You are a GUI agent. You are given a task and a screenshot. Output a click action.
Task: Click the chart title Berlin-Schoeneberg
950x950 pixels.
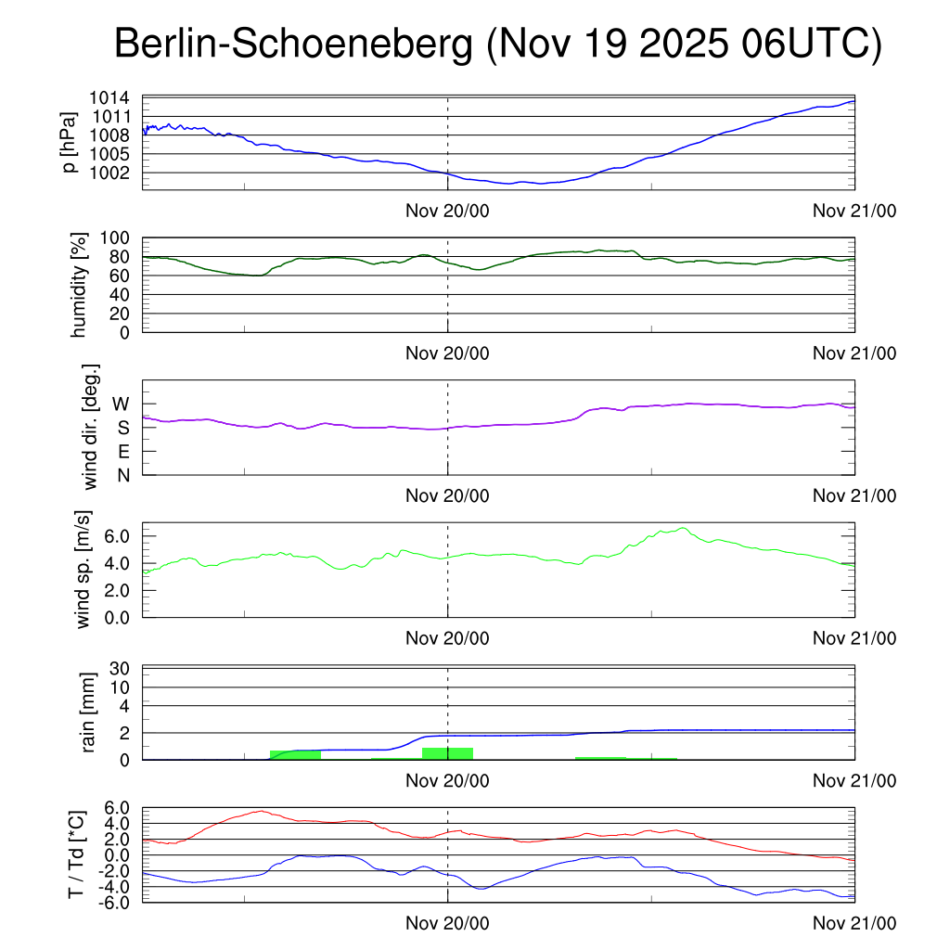[x=294, y=45]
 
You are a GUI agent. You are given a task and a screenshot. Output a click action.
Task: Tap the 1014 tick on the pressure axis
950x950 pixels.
[x=109, y=98]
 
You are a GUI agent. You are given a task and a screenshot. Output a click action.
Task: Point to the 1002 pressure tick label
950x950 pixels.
[x=109, y=173]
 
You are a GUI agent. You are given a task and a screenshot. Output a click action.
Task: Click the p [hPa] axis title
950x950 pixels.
[x=70, y=142]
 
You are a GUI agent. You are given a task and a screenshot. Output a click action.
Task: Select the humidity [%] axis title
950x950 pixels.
[x=79, y=286]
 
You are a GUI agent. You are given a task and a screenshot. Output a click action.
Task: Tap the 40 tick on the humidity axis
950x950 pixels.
[x=119, y=295]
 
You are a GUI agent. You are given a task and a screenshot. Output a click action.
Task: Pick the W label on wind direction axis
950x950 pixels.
[x=121, y=404]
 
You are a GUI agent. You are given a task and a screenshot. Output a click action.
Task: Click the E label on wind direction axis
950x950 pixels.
[x=122, y=452]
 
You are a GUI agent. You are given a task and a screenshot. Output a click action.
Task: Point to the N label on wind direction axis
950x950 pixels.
[x=122, y=475]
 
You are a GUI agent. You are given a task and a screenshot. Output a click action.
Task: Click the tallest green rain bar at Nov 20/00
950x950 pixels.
[x=447, y=753]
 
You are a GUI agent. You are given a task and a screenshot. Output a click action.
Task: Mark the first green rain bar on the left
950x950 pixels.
[x=295, y=754]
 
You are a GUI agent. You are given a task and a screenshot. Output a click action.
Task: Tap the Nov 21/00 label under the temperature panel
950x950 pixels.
[x=854, y=923]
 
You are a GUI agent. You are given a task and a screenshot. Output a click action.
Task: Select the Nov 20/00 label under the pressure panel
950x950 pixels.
[x=447, y=211]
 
